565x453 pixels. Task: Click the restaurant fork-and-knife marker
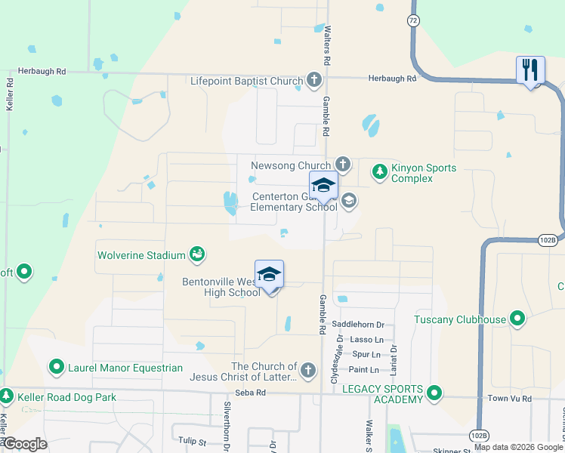click(x=530, y=70)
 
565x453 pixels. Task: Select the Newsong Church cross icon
click(x=342, y=164)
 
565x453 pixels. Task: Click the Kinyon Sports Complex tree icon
click(x=380, y=173)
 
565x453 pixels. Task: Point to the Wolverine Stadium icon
click(x=197, y=254)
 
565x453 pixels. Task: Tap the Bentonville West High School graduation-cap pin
click(x=270, y=275)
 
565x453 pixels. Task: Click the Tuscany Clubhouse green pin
click(x=517, y=319)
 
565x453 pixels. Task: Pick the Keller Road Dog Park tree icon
click(x=6, y=395)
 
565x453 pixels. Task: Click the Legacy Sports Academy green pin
click(x=434, y=393)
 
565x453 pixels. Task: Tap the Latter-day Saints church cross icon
click(x=307, y=370)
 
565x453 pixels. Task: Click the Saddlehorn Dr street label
click(x=363, y=325)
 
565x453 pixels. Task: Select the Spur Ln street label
click(x=366, y=354)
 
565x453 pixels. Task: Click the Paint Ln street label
click(x=363, y=370)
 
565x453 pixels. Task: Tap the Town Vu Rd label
click(x=510, y=398)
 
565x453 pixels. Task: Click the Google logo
click(x=25, y=443)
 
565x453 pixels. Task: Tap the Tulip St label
click(x=193, y=439)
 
